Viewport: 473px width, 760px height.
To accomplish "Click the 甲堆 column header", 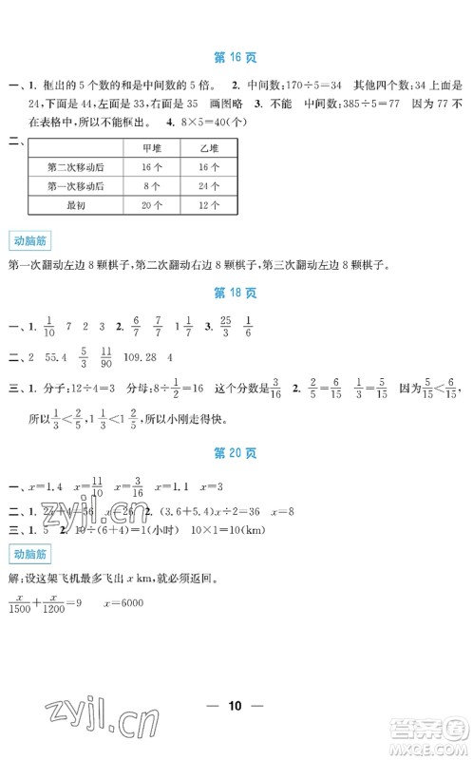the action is [151, 147].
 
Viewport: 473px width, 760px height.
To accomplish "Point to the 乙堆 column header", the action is [211, 147].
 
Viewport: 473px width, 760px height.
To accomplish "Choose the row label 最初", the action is [75, 203].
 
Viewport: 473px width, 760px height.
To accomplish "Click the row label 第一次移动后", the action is [75, 184].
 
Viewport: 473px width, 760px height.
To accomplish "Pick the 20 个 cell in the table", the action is [151, 203].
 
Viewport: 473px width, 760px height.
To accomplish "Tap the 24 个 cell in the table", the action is [211, 184].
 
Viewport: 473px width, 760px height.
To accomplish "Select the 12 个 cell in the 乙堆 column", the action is [211, 203].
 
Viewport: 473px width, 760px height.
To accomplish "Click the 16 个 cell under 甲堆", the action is [151, 166].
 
